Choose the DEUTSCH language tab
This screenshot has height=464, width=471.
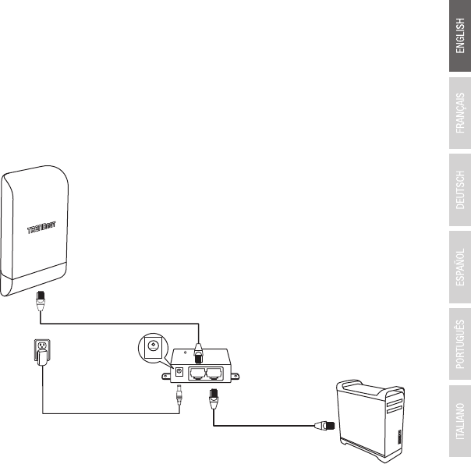[x=459, y=192]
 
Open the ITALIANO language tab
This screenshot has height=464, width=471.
[x=459, y=422]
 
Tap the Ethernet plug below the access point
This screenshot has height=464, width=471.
[x=41, y=299]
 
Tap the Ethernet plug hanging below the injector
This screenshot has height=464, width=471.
[x=211, y=402]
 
